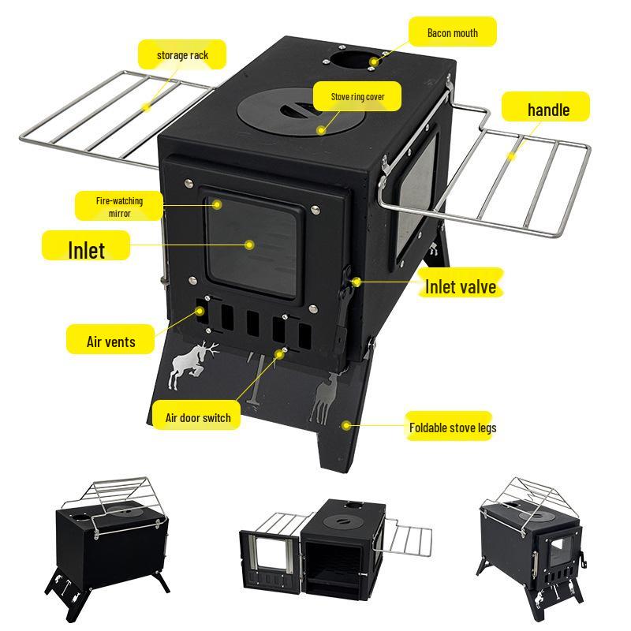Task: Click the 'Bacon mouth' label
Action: tap(452, 33)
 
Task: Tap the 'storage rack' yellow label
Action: tap(182, 55)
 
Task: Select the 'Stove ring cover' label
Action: tap(357, 97)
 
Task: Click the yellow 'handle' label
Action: tap(547, 109)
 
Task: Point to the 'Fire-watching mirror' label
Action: tap(120, 207)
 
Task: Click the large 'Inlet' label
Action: tap(85, 248)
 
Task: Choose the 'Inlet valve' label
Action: tap(460, 286)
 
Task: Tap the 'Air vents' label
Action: tap(110, 342)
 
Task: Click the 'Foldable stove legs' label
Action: tap(452, 428)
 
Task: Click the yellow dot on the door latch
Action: tap(357, 281)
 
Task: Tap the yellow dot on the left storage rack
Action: tap(146, 105)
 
